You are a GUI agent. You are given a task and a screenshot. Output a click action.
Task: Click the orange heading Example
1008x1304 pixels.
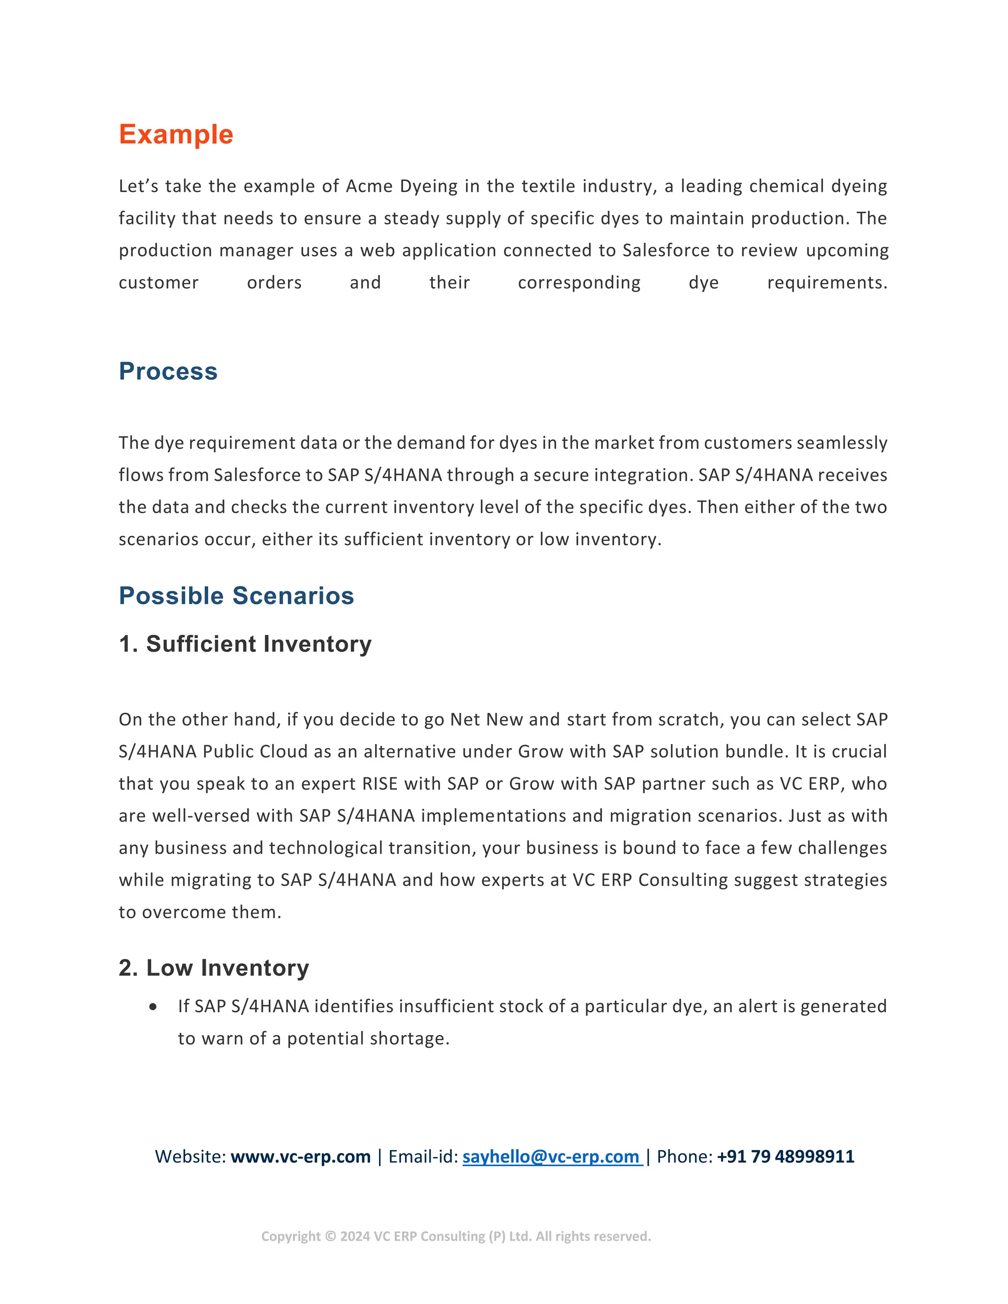176,134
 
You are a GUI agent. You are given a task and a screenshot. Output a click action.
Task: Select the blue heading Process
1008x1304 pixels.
168,372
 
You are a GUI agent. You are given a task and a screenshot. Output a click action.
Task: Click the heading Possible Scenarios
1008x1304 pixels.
236,596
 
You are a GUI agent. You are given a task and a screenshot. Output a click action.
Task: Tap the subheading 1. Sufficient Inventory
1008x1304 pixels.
245,644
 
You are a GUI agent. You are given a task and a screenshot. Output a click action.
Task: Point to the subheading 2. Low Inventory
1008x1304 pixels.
214,968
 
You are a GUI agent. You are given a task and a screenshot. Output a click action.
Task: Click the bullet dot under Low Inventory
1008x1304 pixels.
154,1007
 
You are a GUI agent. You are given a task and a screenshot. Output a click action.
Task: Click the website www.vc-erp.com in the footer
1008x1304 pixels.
300,1156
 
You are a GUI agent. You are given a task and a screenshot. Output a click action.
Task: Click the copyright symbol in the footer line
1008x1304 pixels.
330,1237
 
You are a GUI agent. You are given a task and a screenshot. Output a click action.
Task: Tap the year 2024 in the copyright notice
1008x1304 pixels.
355,1237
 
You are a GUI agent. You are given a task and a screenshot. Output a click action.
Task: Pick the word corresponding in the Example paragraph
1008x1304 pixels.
579,282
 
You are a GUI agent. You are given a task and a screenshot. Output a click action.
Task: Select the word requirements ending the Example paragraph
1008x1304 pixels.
826,282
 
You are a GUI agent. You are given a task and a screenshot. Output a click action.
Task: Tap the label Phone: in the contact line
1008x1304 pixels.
684,1156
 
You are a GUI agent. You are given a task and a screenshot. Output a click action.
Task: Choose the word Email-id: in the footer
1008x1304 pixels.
423,1156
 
